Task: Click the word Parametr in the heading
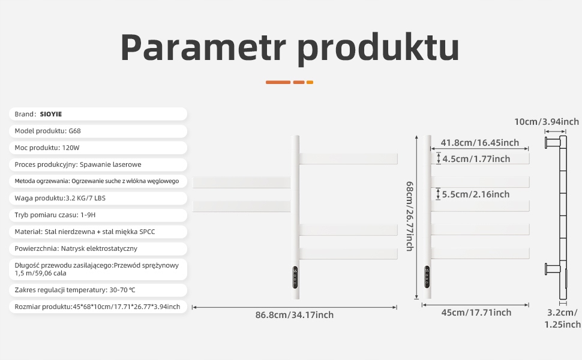[x=203, y=47]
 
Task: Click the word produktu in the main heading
[x=379, y=49]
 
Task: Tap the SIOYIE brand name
[x=51, y=114]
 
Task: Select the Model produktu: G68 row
[x=98, y=131]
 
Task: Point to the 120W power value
[x=71, y=148]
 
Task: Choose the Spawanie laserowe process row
[x=98, y=164]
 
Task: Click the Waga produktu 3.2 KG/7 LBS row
[x=98, y=198]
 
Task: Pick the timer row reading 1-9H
[x=98, y=215]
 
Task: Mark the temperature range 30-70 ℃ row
[x=98, y=290]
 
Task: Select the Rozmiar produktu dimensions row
[x=98, y=307]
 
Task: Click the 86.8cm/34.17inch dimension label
[x=295, y=315]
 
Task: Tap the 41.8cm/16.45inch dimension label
[x=479, y=143]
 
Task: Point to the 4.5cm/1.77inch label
[x=476, y=159]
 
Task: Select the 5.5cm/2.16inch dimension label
[x=475, y=194]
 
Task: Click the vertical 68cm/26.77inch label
[x=410, y=216]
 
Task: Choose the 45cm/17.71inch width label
[x=476, y=313]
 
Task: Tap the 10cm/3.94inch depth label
[x=547, y=121]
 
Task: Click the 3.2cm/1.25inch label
[x=562, y=319]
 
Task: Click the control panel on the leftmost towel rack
[x=295, y=277]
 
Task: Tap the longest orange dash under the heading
[x=278, y=82]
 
